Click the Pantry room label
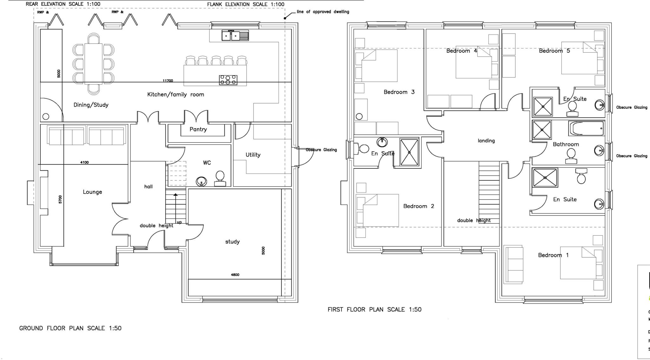tap(198, 129)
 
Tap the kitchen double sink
tap(235, 36)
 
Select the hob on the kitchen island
tap(228, 80)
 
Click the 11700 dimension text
tap(168, 81)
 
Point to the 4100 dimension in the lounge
tap(84, 162)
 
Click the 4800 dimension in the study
tap(235, 275)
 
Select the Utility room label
tap(253, 155)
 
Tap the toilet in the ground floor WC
tap(220, 179)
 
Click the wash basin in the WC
tap(201, 181)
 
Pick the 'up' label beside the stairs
tap(179, 222)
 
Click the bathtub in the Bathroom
tap(587, 128)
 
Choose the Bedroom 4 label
tap(461, 51)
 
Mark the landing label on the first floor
tap(486, 141)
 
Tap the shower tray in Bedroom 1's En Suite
tap(545, 178)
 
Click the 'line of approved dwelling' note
tap(323, 12)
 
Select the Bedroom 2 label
tap(419, 206)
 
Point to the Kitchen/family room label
tap(176, 95)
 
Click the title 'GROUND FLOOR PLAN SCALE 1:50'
tap(70, 328)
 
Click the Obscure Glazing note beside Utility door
tap(321, 150)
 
